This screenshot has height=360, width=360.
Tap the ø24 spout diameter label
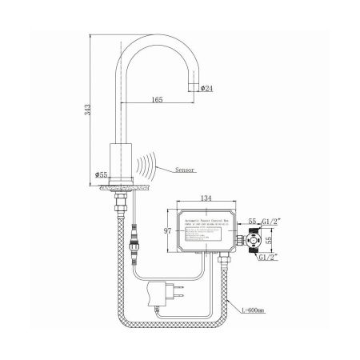pos(206,88)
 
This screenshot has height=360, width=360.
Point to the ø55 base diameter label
pos(101,174)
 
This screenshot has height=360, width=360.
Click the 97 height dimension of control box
pos(169,230)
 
